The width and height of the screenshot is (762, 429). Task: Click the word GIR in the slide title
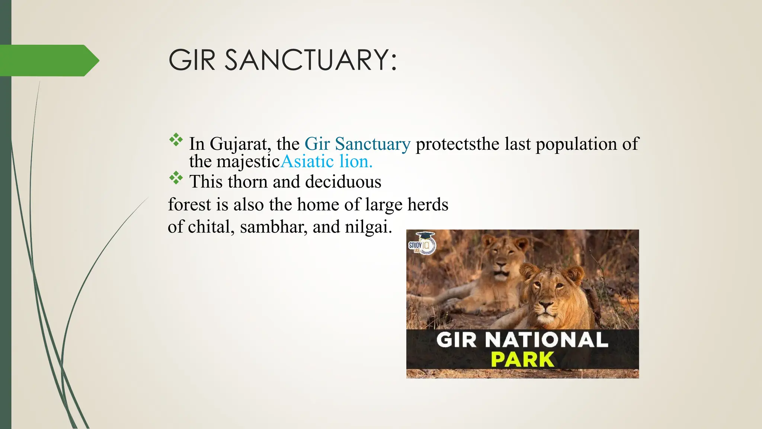tap(192, 60)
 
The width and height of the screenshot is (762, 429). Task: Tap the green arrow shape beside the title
tap(48, 60)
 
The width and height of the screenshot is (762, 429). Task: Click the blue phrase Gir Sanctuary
tap(357, 144)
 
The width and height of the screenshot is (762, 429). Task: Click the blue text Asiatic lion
tap(326, 162)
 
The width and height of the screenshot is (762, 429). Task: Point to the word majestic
tap(248, 162)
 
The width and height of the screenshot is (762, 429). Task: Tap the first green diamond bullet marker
tap(176, 140)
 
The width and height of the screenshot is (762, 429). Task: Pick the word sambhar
tap(273, 227)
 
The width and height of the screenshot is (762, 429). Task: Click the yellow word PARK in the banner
tap(522, 359)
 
